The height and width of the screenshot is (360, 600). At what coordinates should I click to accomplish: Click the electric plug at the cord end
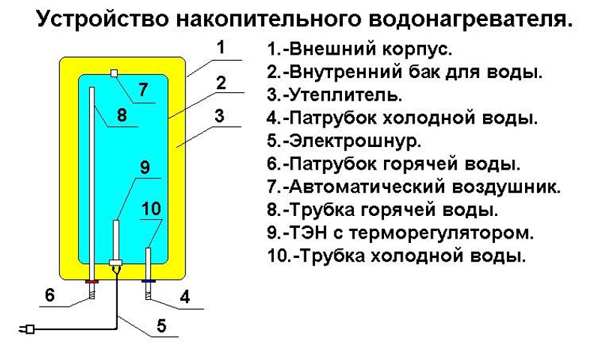point(27,329)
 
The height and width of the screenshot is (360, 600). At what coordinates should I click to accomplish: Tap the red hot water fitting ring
point(91,281)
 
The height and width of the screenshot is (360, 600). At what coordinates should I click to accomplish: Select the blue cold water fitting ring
point(148,281)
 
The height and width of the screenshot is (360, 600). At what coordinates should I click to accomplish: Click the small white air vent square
point(113,73)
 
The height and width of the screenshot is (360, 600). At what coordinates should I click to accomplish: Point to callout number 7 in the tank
point(143,89)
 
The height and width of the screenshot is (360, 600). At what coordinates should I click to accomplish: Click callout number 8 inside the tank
point(121,115)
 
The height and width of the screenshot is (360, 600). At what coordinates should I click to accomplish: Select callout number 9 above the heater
point(145,166)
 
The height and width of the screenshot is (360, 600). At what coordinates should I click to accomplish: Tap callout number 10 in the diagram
point(151,209)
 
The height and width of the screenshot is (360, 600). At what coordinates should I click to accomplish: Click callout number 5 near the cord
point(162,325)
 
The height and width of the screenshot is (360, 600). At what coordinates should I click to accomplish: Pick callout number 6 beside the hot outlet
point(49,295)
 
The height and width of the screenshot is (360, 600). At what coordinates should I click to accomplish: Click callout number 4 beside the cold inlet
point(184,296)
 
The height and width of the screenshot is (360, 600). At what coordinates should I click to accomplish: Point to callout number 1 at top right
point(220,47)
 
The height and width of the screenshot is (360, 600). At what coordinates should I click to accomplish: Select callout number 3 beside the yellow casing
point(219,116)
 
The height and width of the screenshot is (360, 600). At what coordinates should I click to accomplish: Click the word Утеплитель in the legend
point(345,95)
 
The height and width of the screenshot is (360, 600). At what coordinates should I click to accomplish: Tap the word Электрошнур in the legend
point(355,141)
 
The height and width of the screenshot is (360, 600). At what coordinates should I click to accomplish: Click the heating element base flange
point(115,262)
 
